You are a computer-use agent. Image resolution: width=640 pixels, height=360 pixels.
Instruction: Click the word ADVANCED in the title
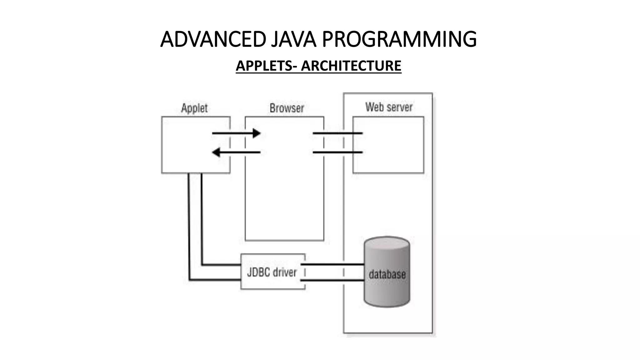[x=213, y=39]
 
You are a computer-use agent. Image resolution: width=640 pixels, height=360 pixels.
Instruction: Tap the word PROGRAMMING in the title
[x=399, y=39]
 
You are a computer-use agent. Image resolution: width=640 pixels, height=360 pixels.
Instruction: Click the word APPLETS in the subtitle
[x=264, y=66]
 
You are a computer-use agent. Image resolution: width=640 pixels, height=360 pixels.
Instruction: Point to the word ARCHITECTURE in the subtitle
[x=351, y=66]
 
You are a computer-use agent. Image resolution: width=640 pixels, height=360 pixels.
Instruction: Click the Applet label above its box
[x=194, y=108]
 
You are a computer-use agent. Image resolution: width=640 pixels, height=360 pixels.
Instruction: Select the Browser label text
[x=287, y=108]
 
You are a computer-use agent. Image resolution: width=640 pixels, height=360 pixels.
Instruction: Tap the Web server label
[x=389, y=107]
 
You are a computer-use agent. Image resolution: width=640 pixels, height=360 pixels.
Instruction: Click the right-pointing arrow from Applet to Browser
[x=234, y=133]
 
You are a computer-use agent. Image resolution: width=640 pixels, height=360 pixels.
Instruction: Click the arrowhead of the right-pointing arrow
[x=257, y=133]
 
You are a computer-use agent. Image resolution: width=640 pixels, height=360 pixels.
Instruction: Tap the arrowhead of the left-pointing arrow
[x=216, y=152]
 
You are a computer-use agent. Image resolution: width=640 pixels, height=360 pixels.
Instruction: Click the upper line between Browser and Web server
[x=337, y=133]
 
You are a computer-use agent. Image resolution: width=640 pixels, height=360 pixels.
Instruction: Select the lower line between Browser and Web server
[x=337, y=152]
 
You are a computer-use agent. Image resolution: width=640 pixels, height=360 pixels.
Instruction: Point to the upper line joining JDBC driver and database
[x=333, y=264]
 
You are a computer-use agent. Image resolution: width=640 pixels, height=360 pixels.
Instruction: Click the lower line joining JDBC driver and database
[x=333, y=280]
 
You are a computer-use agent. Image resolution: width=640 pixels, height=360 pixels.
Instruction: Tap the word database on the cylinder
[x=387, y=274]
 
